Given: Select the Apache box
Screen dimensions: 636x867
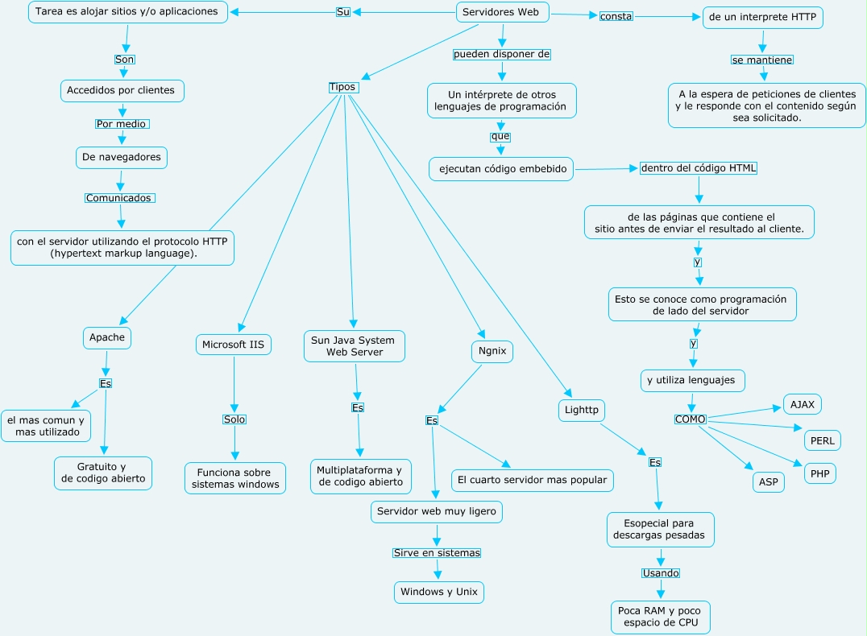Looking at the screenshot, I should click(x=106, y=337).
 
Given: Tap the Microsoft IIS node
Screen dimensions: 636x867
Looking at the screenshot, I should click(x=234, y=345).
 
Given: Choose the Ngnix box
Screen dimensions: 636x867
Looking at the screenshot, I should click(x=492, y=351).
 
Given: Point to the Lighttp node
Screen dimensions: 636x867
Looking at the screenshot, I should click(x=581, y=411).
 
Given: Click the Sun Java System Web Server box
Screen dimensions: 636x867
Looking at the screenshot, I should click(x=354, y=345).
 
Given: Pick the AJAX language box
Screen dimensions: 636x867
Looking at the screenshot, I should click(x=803, y=404).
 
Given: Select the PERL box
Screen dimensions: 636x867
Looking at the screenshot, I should click(x=823, y=440).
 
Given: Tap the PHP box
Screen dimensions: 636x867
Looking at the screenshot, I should click(x=819, y=473).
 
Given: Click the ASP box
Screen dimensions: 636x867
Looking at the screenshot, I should click(x=768, y=482).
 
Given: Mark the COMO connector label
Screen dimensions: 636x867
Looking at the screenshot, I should click(x=691, y=419).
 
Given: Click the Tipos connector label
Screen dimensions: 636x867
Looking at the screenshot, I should click(x=342, y=87).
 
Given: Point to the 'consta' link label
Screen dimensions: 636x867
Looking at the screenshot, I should click(x=616, y=16).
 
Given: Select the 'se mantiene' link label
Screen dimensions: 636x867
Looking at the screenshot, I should click(x=762, y=60).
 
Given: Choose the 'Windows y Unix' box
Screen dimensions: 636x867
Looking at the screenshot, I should click(x=439, y=592).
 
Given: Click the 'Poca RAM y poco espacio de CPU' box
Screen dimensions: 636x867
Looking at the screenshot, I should click(x=661, y=617).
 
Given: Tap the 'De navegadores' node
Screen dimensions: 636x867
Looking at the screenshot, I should click(x=122, y=157).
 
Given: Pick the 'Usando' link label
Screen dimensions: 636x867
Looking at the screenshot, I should click(x=661, y=573).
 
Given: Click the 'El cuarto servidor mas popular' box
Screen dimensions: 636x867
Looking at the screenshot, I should click(x=532, y=481).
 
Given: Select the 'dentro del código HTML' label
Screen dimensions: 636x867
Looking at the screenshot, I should click(x=699, y=168).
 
